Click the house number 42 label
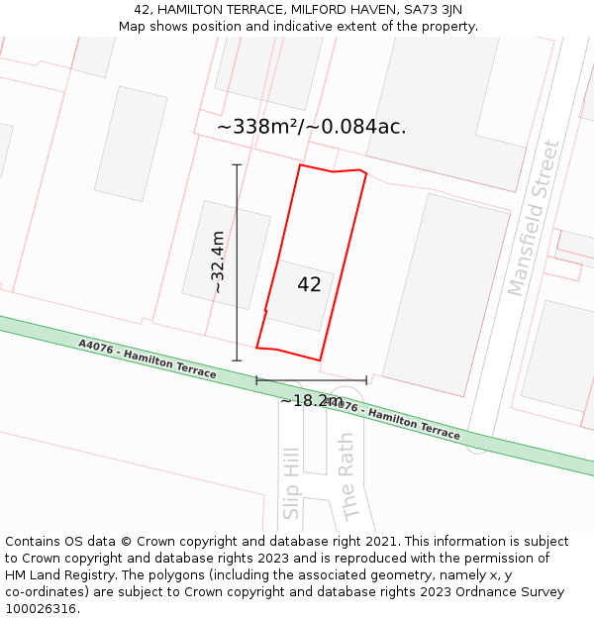pyautogui.click(x=309, y=285)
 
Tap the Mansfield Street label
pyautogui.click(x=534, y=218)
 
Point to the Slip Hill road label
pyautogui.click(x=291, y=476)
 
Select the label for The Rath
pyautogui.click(x=346, y=475)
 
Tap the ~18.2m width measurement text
pyautogui.click(x=311, y=401)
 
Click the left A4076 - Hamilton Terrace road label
pyautogui.click(x=148, y=359)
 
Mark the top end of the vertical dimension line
pyautogui.click(x=237, y=164)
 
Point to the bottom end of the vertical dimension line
pyautogui.click(x=237, y=361)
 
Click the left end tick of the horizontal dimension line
pyautogui.click(x=256, y=379)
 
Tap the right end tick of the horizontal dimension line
pyautogui.click(x=366, y=379)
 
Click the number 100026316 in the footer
pyautogui.click(x=40, y=609)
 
